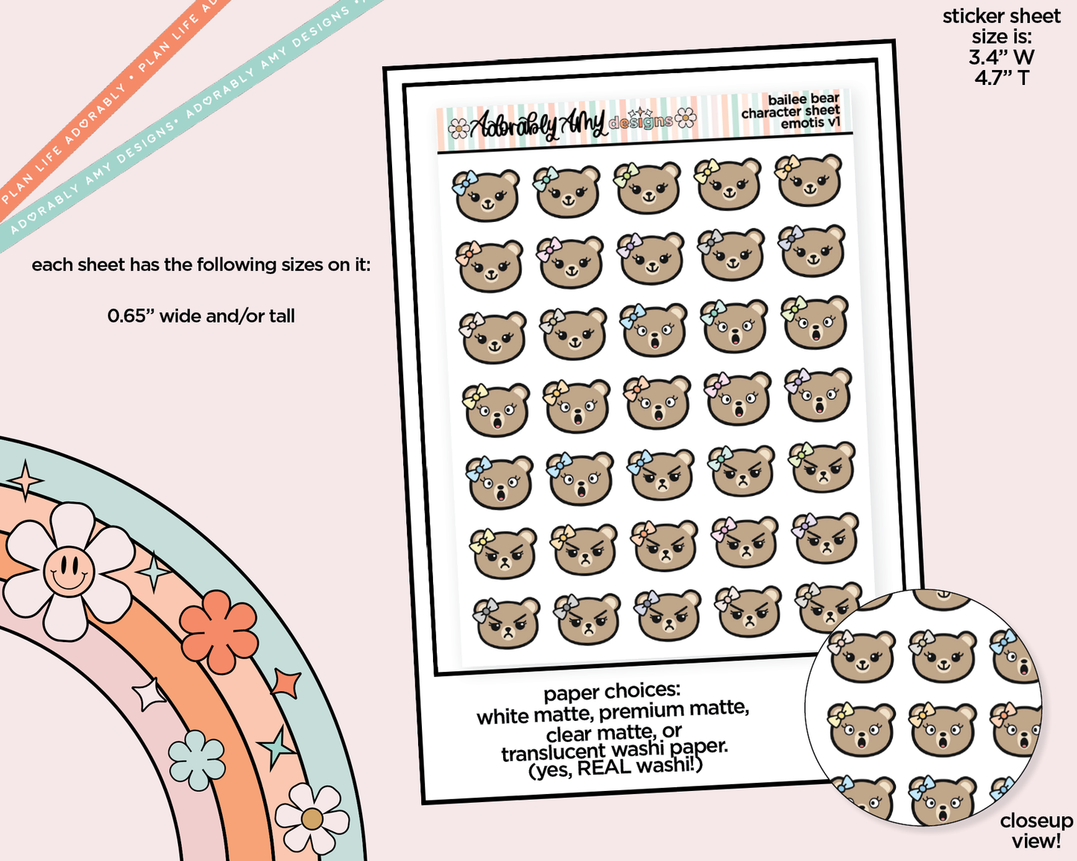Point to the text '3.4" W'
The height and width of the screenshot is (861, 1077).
[x=1001, y=57]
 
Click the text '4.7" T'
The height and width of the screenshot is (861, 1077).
[x=1001, y=77]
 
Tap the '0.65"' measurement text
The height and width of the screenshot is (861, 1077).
[x=130, y=317]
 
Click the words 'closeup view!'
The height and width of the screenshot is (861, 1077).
[x=1036, y=830]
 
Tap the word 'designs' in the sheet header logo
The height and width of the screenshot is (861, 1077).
[x=640, y=122]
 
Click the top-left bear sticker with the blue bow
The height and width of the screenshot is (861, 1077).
[x=486, y=196]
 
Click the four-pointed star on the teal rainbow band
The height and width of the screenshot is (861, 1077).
[x=26, y=480]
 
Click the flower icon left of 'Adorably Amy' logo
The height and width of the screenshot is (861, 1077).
[x=458, y=129]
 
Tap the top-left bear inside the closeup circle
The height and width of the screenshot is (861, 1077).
[x=861, y=655]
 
